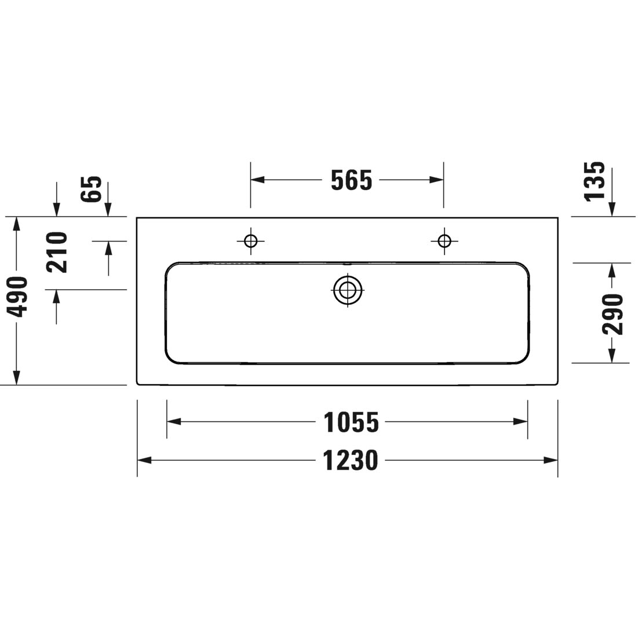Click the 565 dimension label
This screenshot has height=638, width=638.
click(351, 180)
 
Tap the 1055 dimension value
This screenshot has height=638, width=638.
click(351, 422)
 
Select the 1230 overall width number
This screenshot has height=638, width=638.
click(351, 460)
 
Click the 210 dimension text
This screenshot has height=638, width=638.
click(57, 252)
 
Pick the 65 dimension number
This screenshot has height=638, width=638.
click(91, 189)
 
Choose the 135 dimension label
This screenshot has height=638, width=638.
click(595, 181)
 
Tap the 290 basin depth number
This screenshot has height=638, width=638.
click(613, 314)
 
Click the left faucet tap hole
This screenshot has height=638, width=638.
click(251, 241)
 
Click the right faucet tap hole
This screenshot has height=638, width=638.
click(444, 241)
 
